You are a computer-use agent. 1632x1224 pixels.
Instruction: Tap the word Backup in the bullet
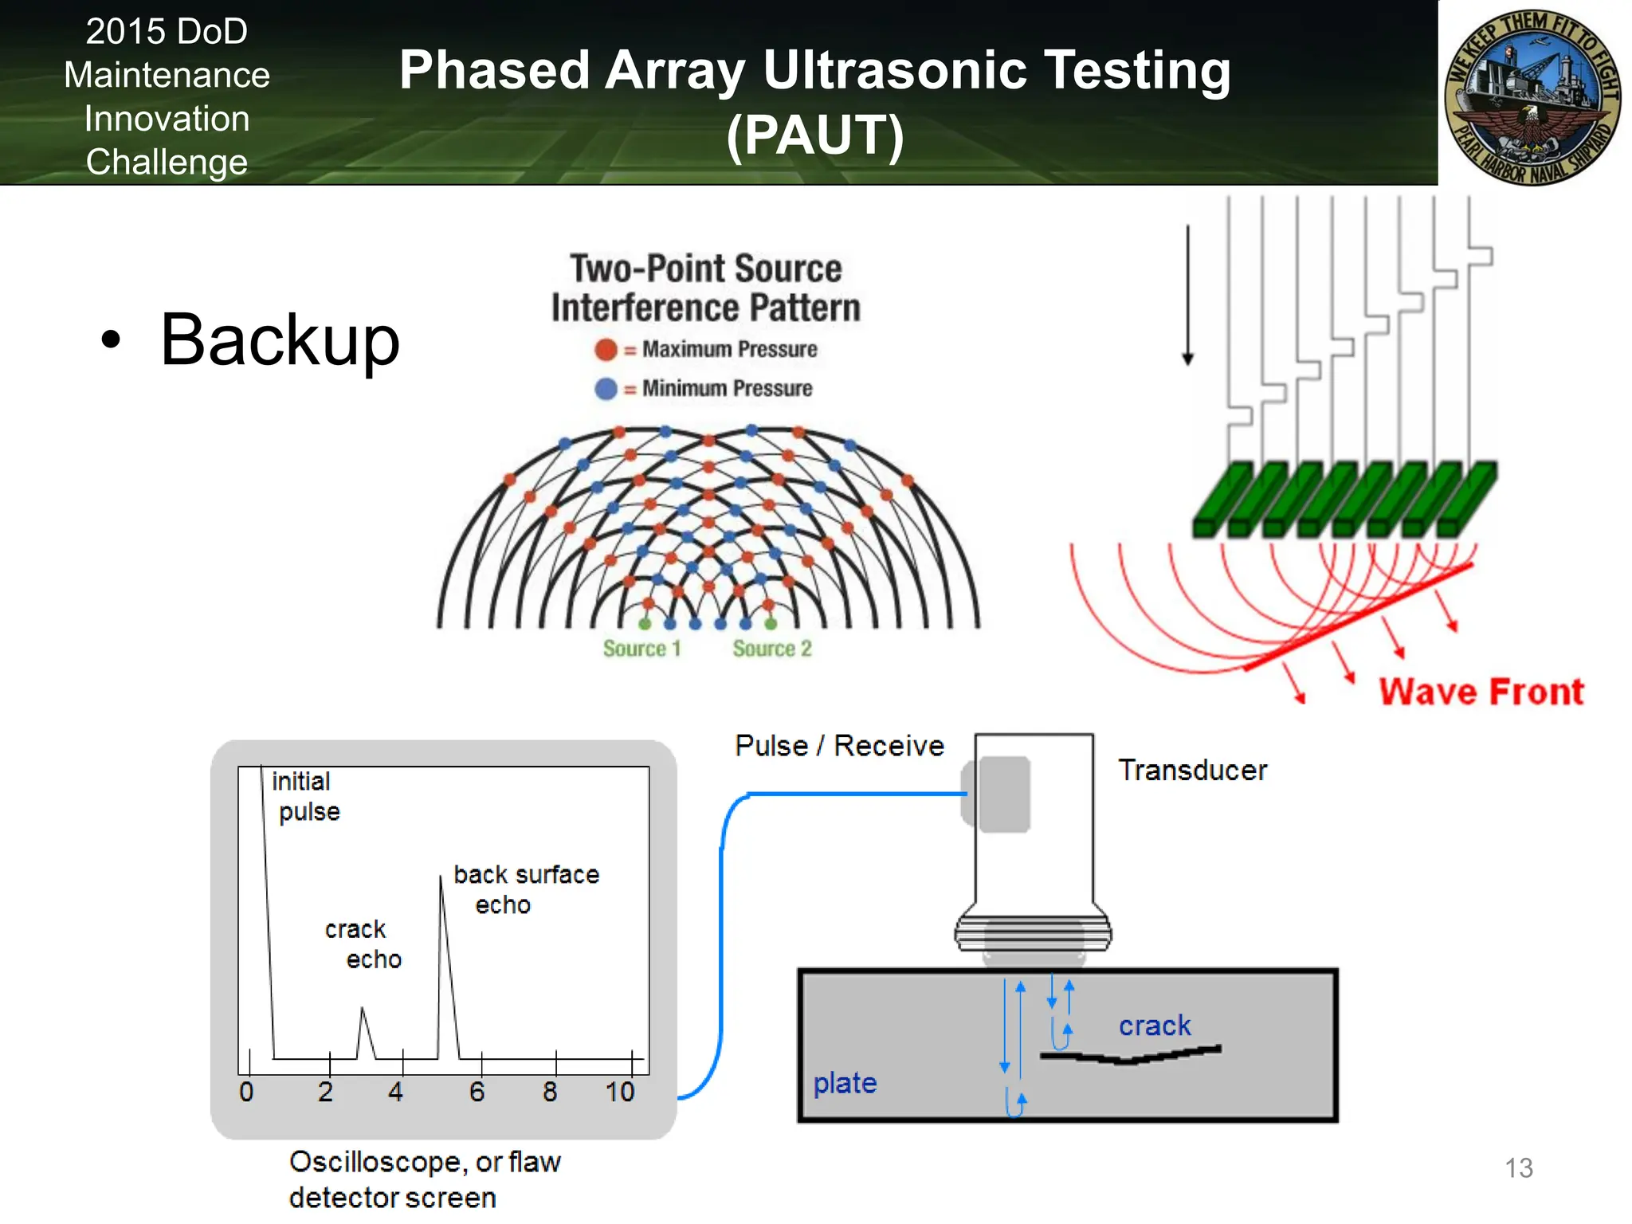click(280, 340)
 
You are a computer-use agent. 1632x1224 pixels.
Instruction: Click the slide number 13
click(1518, 1167)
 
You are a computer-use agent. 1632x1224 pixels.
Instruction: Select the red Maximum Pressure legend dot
click(606, 349)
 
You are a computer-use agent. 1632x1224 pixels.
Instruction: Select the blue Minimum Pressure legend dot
click(606, 388)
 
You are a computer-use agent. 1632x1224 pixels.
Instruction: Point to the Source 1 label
click(641, 649)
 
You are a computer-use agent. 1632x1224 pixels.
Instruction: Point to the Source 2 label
click(771, 649)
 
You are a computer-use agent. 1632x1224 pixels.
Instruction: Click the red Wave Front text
click(1481, 691)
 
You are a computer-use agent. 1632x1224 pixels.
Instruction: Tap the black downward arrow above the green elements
click(1187, 295)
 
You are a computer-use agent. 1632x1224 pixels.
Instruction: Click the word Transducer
click(1192, 770)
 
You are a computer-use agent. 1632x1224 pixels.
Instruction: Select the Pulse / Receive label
click(839, 746)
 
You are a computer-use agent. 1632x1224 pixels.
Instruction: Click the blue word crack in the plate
click(1154, 1026)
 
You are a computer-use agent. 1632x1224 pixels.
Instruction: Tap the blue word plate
click(845, 1083)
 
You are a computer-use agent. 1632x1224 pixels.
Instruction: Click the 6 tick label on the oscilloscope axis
click(477, 1092)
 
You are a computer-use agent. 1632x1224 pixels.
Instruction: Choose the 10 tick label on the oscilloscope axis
click(620, 1092)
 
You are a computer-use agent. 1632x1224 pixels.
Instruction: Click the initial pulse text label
click(305, 796)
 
